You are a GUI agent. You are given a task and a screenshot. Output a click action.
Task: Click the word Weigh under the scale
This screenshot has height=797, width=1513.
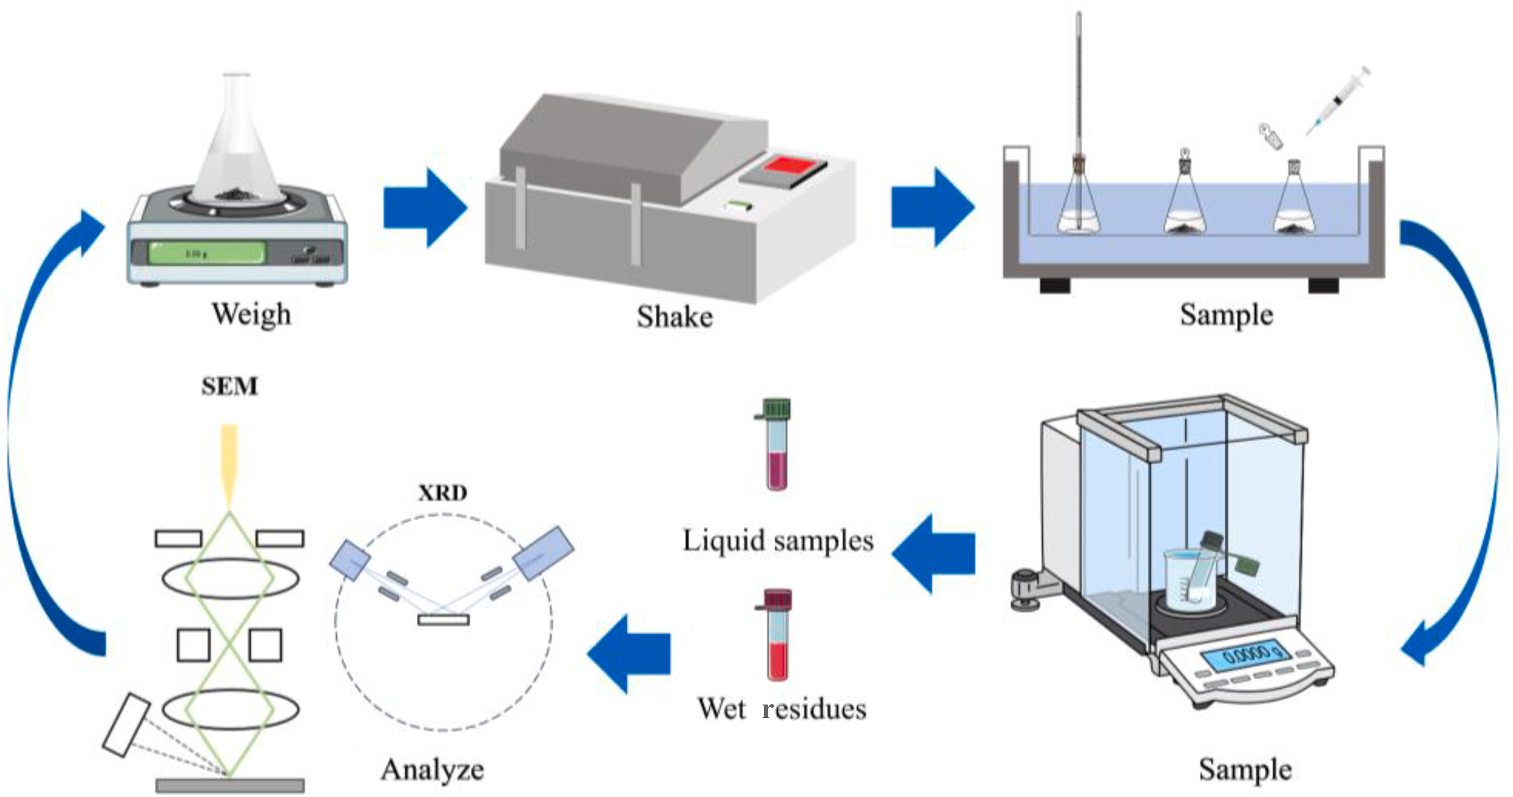(x=251, y=314)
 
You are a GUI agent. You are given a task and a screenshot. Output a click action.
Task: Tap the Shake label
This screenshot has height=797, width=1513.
(x=675, y=317)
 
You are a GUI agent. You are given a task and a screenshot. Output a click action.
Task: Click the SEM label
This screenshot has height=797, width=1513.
(x=230, y=387)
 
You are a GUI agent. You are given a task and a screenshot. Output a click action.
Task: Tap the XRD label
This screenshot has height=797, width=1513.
(x=443, y=492)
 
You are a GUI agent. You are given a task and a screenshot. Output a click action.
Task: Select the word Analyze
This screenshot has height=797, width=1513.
(x=432, y=769)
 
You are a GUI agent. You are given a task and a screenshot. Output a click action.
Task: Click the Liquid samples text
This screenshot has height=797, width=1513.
(x=778, y=540)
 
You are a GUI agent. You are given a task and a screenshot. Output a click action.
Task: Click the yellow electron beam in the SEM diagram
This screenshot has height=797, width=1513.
(x=230, y=464)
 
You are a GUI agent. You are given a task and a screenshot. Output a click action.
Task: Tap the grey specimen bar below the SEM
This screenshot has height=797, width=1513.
(x=230, y=785)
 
